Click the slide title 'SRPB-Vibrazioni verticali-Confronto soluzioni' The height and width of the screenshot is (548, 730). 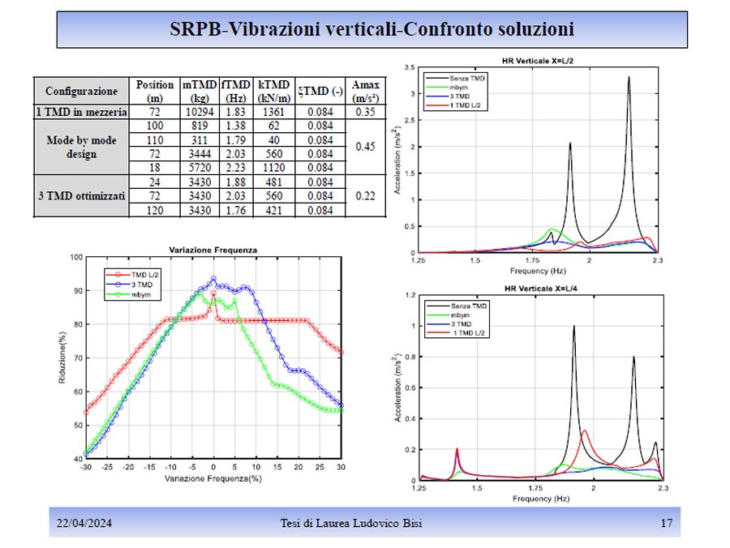point(372,29)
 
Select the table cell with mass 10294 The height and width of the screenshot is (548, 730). point(197,113)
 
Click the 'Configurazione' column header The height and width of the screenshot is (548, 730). point(81,91)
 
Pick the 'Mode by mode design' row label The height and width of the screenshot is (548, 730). point(81,147)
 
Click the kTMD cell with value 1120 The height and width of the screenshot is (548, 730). point(270,168)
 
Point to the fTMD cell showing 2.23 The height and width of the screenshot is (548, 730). point(235,168)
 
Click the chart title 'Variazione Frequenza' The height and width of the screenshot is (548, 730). point(213,250)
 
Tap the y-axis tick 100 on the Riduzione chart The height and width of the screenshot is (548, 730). point(77,257)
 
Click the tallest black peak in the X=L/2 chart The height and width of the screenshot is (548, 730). point(629,78)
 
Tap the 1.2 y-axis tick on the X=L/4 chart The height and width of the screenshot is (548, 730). point(411,296)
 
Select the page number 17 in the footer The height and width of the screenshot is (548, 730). point(667,524)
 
